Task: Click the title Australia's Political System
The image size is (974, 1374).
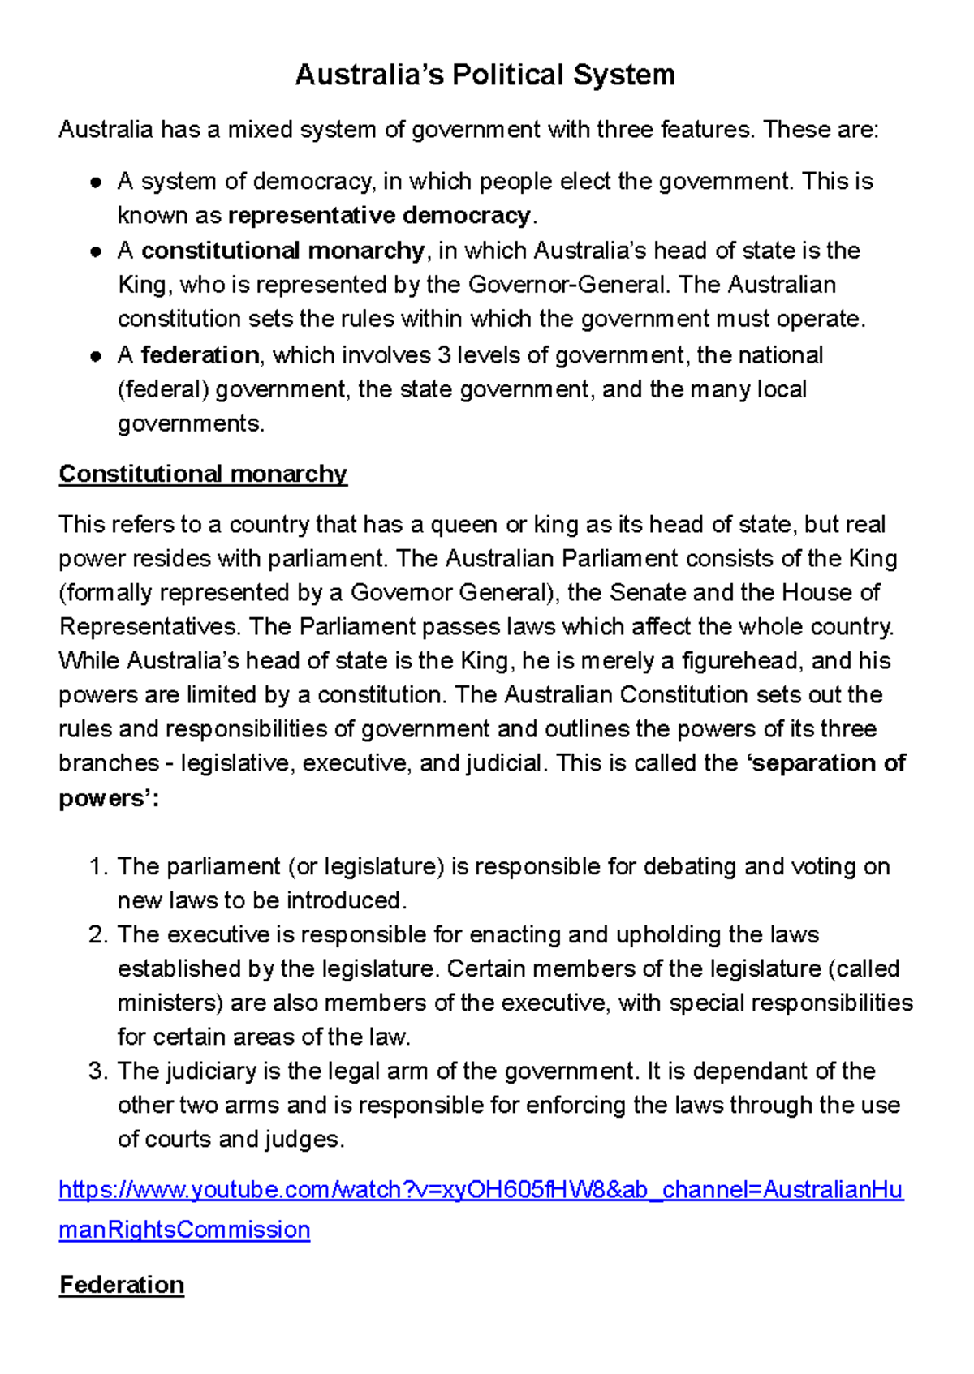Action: [485, 75]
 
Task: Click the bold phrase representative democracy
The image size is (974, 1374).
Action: [379, 216]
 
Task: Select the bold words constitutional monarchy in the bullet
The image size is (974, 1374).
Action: [282, 251]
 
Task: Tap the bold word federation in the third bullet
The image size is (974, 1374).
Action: [200, 355]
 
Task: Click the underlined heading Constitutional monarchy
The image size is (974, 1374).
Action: [203, 474]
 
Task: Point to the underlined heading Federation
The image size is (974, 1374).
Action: [122, 1285]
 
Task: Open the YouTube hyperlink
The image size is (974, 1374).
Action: [481, 1190]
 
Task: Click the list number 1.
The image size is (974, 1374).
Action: [97, 866]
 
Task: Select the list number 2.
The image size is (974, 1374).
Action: [97, 934]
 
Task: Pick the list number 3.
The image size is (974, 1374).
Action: [97, 1071]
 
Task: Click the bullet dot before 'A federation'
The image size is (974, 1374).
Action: [96, 356]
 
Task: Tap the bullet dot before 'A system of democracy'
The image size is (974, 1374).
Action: [96, 182]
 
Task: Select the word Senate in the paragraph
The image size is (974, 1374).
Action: [648, 592]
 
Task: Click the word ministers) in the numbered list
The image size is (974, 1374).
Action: [170, 1003]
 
